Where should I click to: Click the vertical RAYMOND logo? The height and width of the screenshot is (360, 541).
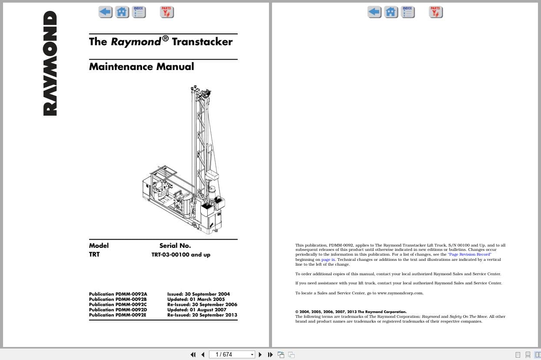tap(50, 63)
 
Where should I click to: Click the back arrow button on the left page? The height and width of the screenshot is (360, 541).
tap(105, 12)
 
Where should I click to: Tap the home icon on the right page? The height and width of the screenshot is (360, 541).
tap(391, 12)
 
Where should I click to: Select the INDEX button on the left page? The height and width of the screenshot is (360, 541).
tap(139, 12)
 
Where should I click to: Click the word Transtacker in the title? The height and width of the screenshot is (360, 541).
tap(202, 42)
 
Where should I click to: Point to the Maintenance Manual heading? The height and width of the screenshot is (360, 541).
tap(141, 67)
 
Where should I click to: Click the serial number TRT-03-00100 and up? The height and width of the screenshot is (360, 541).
tap(181, 255)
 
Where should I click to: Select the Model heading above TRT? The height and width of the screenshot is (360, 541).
tap(99, 246)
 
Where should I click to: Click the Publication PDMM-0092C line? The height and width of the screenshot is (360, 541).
tap(118, 304)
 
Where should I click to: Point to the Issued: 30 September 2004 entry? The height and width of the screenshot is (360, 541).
tap(199, 294)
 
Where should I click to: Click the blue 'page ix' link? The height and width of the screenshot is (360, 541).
tap(328, 260)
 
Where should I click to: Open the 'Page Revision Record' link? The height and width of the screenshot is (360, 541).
tap(469, 254)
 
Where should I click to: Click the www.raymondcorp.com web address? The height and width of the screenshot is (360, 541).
tap(400, 293)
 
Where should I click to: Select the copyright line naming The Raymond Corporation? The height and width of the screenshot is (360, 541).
tap(351, 312)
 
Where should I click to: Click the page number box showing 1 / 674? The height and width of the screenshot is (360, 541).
tap(231, 354)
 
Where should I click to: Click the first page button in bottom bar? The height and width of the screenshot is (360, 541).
tap(193, 354)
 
